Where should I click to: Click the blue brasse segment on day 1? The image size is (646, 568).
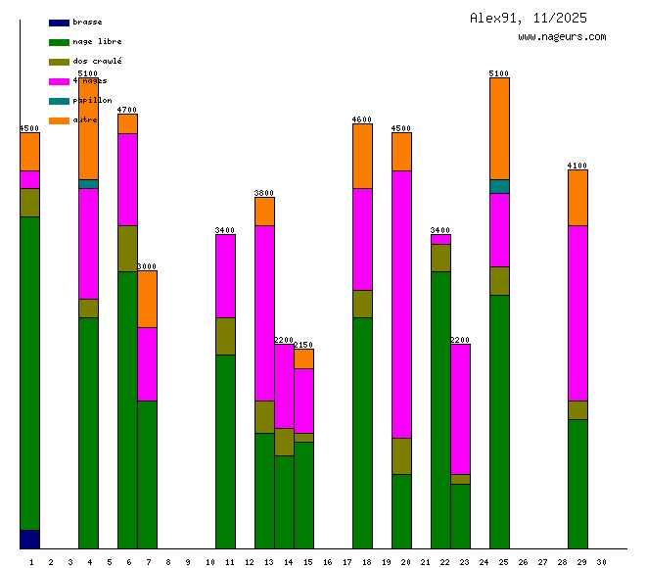(x=29, y=540)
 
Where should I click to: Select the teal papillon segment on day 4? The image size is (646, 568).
(x=88, y=184)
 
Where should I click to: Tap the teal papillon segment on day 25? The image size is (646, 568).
(x=499, y=186)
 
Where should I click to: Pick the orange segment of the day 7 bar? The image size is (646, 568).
(x=147, y=299)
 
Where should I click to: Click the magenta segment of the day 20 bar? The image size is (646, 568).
(x=401, y=304)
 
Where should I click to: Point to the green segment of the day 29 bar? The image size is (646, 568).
(x=577, y=484)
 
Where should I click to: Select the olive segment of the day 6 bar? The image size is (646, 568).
(x=127, y=248)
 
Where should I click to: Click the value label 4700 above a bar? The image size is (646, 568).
(x=127, y=110)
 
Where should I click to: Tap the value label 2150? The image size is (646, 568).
(x=303, y=345)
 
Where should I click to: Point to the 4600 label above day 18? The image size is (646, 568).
(x=362, y=119)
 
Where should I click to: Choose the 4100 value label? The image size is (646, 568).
(x=577, y=166)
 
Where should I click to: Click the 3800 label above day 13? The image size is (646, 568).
(x=264, y=193)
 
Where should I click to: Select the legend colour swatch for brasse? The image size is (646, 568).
(x=59, y=22)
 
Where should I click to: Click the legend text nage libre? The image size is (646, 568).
(x=97, y=41)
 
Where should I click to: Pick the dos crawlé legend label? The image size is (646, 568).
(x=97, y=61)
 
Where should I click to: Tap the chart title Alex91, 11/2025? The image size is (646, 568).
(x=529, y=18)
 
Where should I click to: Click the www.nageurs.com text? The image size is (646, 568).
(x=562, y=37)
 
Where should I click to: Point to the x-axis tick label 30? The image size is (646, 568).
(x=601, y=562)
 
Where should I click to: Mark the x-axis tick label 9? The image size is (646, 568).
(x=188, y=562)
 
